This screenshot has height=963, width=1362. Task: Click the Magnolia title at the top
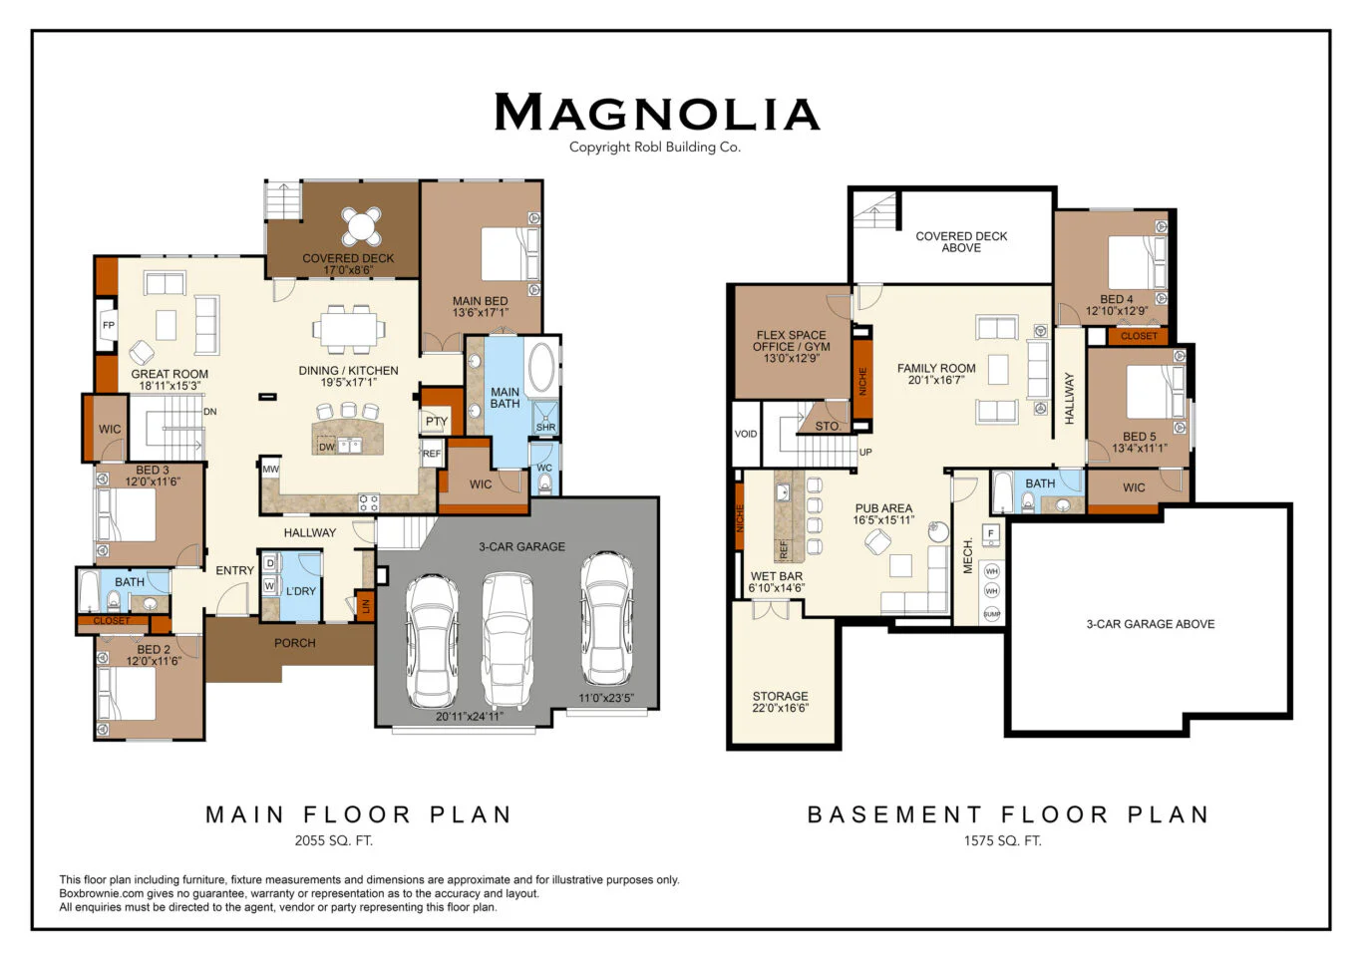coord(657,112)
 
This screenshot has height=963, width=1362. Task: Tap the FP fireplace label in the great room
coord(109,325)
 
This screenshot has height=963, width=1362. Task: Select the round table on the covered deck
coord(361,226)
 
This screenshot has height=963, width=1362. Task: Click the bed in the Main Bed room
coord(510,253)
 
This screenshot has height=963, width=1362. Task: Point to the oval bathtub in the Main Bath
coord(541,367)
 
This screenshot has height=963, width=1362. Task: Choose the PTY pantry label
coord(436,422)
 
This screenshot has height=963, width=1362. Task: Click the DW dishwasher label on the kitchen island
coord(326,447)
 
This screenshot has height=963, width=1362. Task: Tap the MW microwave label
coord(270,469)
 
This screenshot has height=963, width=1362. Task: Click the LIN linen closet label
coord(366,606)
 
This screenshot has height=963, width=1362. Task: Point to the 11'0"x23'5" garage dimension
coord(605,698)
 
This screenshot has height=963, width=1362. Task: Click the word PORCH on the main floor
coord(295,643)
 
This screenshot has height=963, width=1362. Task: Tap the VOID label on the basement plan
coord(746,434)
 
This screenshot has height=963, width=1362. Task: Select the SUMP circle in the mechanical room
coord(992,614)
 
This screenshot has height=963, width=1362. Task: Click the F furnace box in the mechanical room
coord(991,534)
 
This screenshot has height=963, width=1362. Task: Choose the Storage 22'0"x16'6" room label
coord(780,702)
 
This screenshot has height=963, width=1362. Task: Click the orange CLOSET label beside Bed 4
coord(1139,336)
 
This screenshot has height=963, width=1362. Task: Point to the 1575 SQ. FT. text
coord(1003,840)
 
